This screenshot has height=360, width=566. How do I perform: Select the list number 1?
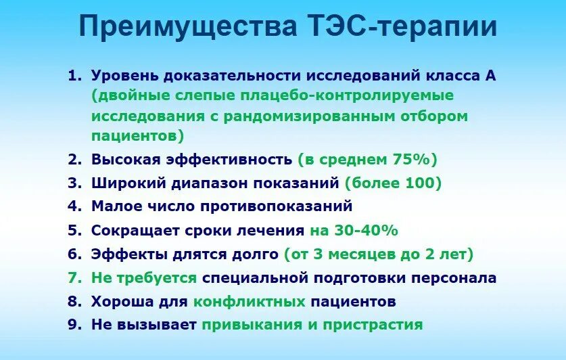tap(73, 75)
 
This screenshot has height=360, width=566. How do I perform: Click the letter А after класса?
tap(490, 75)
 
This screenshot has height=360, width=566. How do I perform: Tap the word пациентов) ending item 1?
tap(138, 135)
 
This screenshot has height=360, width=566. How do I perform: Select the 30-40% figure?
tap(363, 230)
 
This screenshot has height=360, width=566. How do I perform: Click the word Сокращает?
tap(134, 230)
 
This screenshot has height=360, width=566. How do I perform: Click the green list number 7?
tap(73, 277)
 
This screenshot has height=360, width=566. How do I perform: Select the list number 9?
tap(73, 325)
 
